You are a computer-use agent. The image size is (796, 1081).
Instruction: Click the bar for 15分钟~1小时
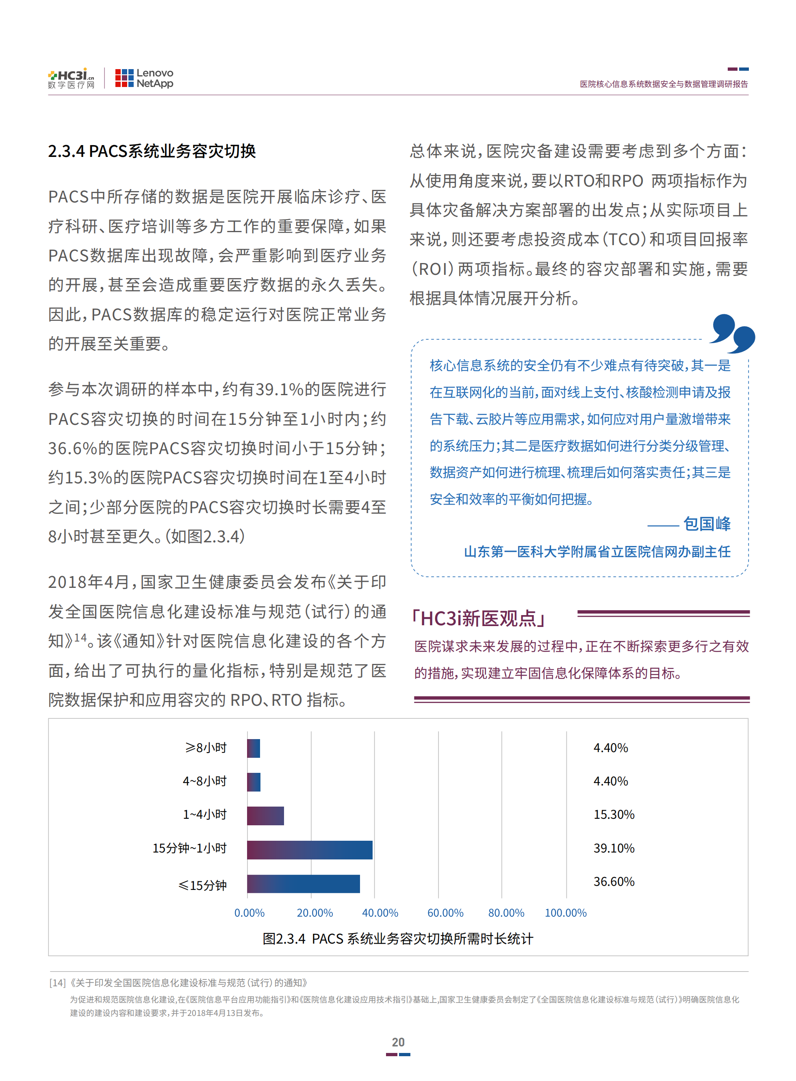pos(309,850)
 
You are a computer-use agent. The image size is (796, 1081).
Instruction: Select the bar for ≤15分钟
pos(303,883)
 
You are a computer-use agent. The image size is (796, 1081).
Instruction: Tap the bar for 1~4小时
pos(265,816)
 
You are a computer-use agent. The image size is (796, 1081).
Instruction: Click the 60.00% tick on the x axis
pos(445,913)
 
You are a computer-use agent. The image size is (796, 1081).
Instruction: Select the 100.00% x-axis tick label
pos(565,913)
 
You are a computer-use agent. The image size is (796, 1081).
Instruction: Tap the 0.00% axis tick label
pos(249,913)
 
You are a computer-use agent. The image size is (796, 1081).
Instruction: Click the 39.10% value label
pos(614,848)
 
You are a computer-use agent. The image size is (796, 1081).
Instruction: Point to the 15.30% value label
pos(614,814)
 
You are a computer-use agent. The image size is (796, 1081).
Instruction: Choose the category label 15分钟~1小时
pos(189,848)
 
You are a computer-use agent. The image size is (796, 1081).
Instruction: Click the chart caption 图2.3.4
pos(397,939)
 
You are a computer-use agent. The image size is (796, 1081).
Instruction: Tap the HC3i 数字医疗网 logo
pos(72,78)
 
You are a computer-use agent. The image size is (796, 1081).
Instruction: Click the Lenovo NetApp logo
pos(144,78)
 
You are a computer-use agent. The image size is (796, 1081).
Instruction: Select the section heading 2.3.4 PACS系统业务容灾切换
pos(152,151)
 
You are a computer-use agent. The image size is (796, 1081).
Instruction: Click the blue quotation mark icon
pos(732,332)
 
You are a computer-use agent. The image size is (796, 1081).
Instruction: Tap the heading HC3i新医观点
pos(479,618)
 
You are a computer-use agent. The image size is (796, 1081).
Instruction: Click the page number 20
pos(398,1042)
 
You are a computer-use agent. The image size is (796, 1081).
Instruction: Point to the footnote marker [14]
pos(57,983)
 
